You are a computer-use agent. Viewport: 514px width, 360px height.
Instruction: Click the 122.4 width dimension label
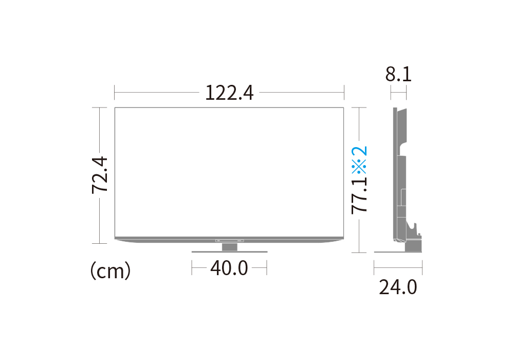click(229, 93)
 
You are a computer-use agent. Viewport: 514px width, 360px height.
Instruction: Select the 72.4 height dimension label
click(100, 175)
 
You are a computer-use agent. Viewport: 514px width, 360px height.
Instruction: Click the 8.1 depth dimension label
click(398, 75)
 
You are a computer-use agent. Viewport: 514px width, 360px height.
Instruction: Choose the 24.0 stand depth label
click(398, 287)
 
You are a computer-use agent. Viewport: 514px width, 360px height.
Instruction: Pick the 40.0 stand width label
click(229, 268)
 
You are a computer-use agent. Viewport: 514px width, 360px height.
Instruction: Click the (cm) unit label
click(111, 271)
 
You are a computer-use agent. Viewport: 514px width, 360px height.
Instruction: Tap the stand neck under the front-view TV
click(229, 247)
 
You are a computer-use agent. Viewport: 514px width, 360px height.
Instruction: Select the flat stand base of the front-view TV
click(229, 252)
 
